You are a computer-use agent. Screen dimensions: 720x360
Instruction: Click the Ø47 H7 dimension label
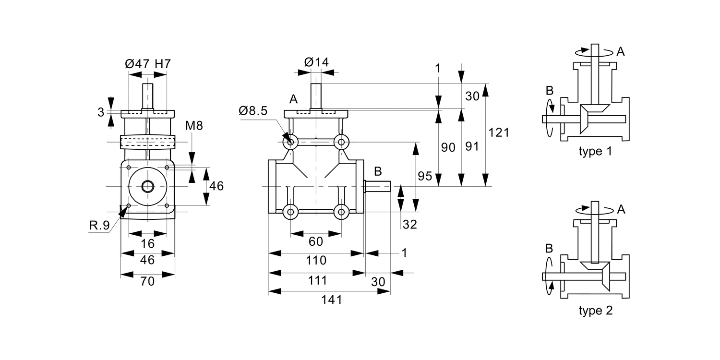[x=147, y=64]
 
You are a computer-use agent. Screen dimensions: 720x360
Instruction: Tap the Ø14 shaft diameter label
[x=316, y=62]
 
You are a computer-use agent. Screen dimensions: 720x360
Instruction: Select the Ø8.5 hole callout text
[x=253, y=111]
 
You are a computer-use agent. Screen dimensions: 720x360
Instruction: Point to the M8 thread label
[x=194, y=126]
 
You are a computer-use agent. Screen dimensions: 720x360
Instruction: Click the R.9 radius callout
[x=99, y=225]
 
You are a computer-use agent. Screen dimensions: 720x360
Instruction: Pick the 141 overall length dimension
[x=332, y=300]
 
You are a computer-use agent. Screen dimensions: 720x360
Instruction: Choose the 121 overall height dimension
[x=499, y=132]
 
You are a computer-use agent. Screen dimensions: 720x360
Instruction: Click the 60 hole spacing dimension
[x=316, y=241]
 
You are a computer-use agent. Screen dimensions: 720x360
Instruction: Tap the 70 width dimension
[x=147, y=282]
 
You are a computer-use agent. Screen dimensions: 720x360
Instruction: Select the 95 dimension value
[x=425, y=176]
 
